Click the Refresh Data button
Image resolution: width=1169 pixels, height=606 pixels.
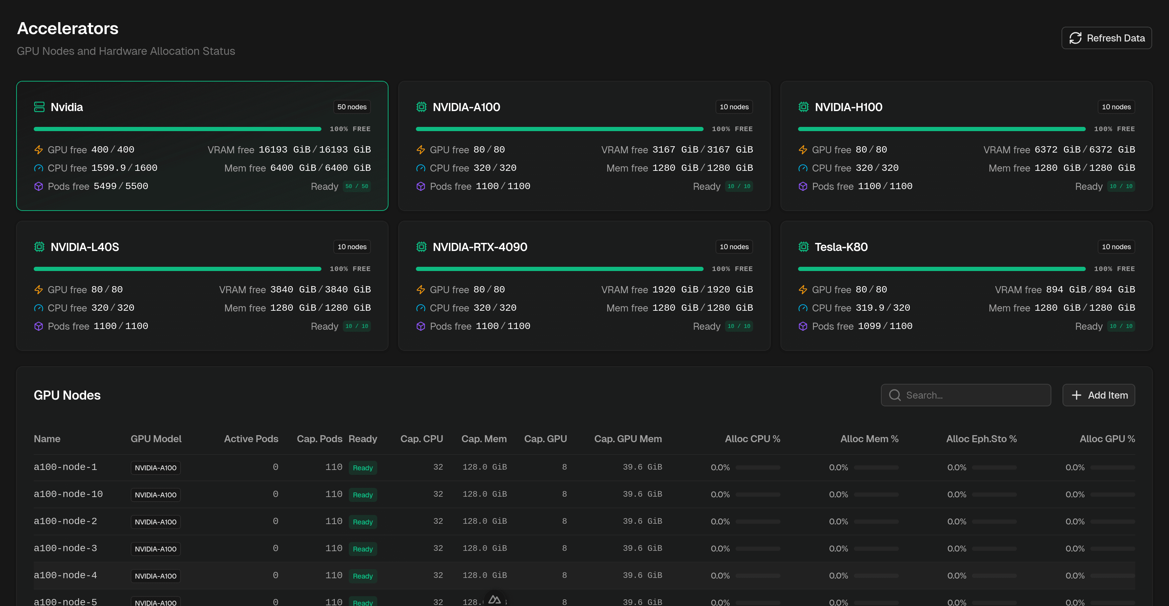click(1106, 38)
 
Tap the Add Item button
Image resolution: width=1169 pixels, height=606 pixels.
click(1099, 395)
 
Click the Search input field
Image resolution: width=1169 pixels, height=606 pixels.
click(966, 395)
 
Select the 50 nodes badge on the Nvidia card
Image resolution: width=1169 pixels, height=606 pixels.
click(352, 107)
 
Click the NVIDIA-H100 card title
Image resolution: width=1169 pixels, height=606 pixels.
click(849, 107)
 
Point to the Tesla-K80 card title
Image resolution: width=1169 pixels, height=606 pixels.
click(841, 247)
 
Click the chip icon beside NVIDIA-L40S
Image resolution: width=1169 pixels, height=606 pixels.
click(39, 247)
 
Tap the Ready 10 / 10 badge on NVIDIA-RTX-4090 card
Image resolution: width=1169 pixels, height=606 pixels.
click(739, 326)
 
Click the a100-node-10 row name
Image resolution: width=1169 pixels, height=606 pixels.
click(68, 494)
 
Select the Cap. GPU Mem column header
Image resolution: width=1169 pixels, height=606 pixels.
click(628, 439)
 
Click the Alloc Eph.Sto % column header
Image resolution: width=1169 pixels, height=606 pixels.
click(981, 439)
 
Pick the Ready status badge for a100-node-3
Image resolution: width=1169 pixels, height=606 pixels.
click(363, 549)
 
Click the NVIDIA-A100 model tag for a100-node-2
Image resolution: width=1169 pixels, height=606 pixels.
click(156, 522)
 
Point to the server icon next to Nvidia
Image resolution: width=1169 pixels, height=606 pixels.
click(39, 107)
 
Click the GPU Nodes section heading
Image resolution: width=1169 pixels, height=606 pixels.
click(67, 395)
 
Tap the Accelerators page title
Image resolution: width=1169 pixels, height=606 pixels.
click(67, 28)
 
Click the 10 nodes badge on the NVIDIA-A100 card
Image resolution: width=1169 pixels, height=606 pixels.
click(734, 107)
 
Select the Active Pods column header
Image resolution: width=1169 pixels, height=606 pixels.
click(251, 439)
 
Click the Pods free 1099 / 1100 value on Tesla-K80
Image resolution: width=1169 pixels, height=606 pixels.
click(884, 326)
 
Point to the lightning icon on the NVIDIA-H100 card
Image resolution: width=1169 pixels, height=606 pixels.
click(803, 150)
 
